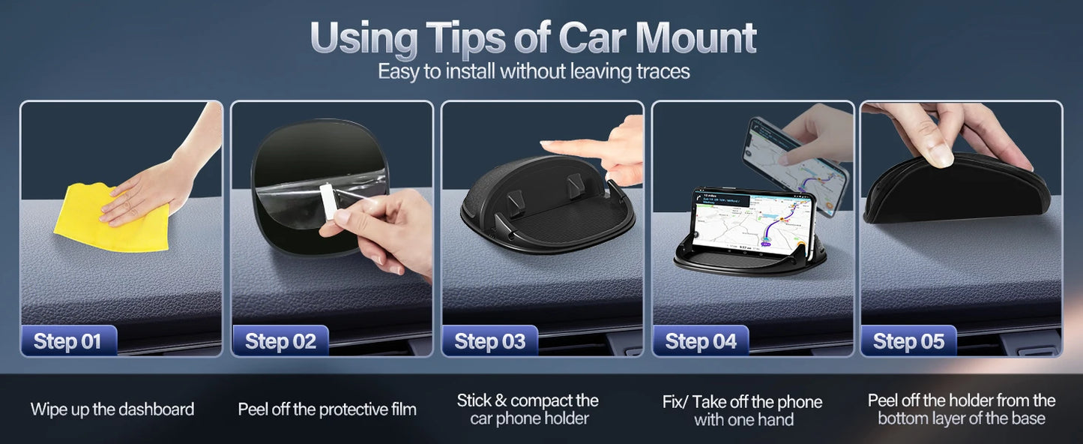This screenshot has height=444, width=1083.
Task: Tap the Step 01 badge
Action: [x=68, y=342]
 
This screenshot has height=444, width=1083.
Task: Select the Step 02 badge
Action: [x=280, y=342]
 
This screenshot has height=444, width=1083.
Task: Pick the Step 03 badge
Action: [x=489, y=342]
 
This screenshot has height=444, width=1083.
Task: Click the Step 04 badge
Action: [x=701, y=342]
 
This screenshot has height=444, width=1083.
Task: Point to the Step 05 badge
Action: [x=908, y=342]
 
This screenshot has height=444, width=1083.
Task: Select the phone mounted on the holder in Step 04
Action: [x=752, y=221]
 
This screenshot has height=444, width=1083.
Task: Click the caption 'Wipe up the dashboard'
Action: [x=112, y=409]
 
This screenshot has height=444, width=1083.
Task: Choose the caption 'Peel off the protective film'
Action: [x=327, y=409]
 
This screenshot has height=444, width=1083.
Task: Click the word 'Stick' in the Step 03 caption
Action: [x=474, y=400]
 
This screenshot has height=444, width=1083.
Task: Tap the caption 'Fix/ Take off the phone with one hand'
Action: [x=742, y=410]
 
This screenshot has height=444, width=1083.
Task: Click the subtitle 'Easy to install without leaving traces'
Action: [x=534, y=72]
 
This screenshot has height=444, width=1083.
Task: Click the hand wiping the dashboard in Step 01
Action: [x=150, y=187]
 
